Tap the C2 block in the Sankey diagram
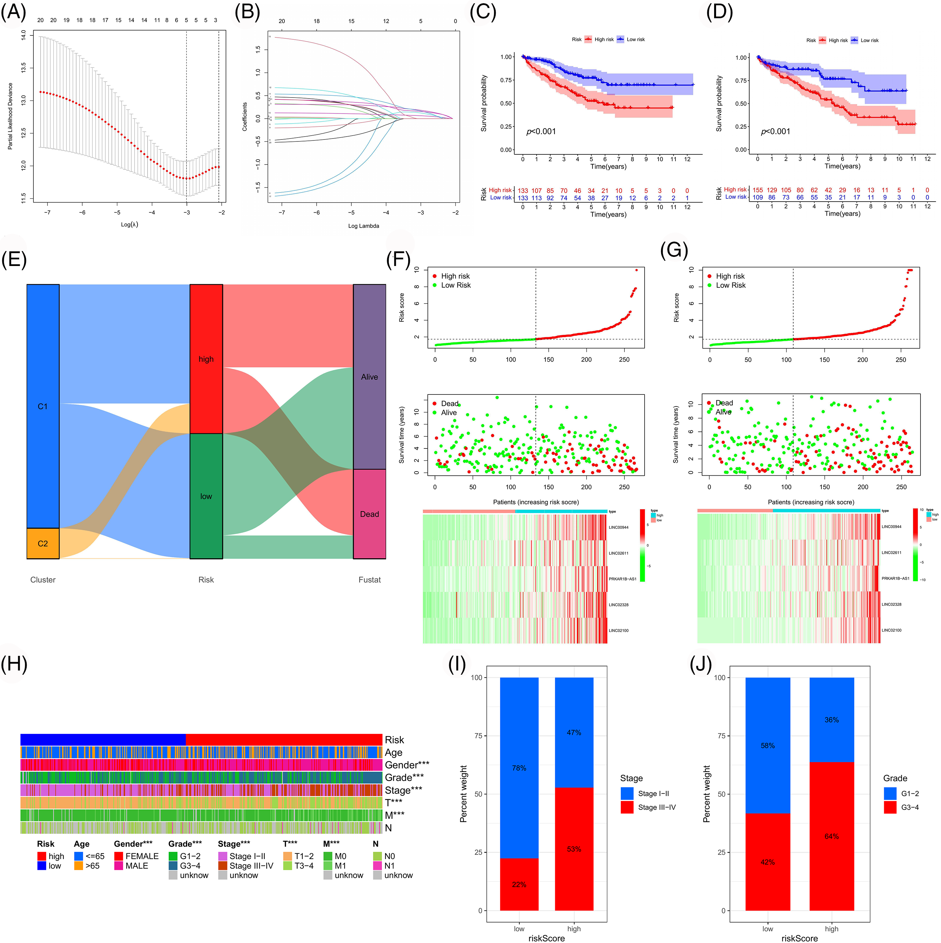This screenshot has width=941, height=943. pos(43,543)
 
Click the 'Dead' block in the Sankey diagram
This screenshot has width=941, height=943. pos(369,514)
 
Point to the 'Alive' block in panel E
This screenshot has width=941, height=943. pos(369,377)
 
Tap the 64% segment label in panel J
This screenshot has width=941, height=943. pos(832,836)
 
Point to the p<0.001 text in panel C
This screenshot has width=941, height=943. pos(541,131)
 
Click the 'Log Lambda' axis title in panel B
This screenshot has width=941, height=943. pos(363,226)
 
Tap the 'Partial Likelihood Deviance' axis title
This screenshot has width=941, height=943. pos(10,116)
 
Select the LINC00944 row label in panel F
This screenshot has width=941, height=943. pos(619,527)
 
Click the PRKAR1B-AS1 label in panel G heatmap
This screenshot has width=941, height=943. pos(895,578)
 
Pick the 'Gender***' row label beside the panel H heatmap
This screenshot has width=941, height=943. pos(407,765)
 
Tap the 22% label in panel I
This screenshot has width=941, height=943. pos(519,884)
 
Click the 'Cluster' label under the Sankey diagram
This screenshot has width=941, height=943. pos(43,580)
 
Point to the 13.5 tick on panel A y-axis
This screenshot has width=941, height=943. pos(23,67)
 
